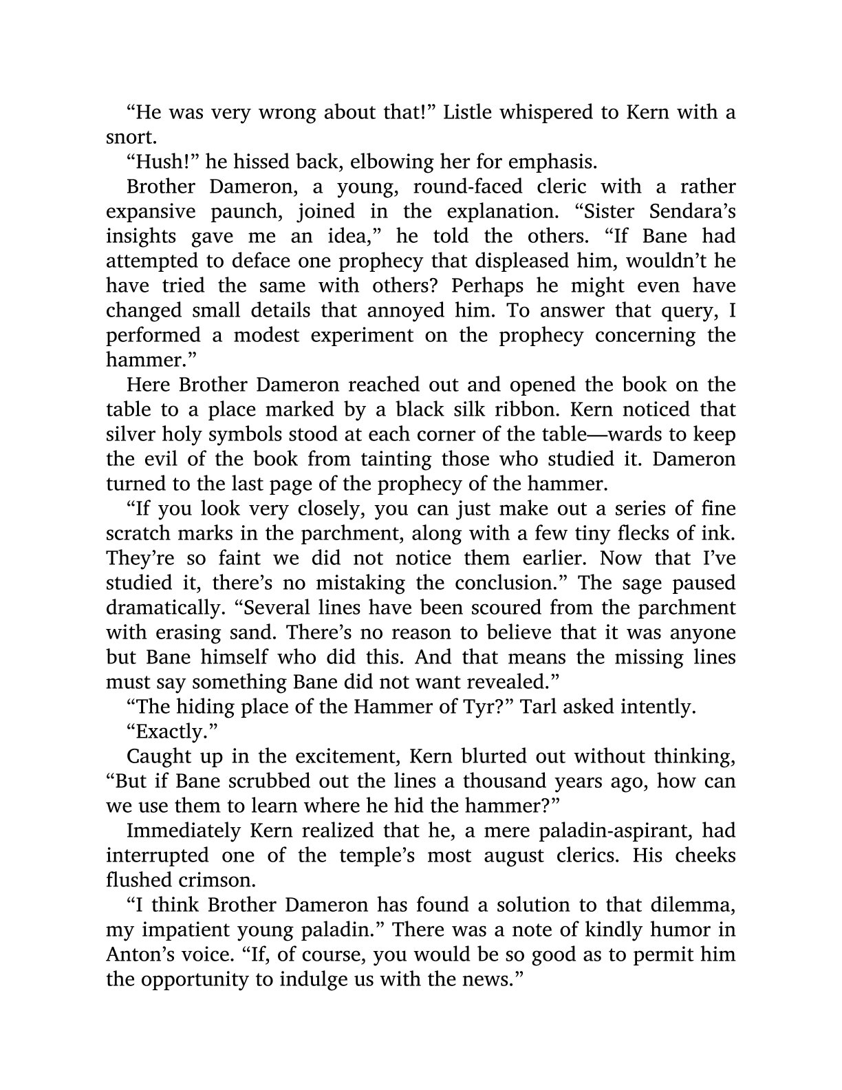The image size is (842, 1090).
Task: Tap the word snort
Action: pyautogui.click(x=126, y=137)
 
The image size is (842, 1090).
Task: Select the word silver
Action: pyautogui.click(x=129, y=434)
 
